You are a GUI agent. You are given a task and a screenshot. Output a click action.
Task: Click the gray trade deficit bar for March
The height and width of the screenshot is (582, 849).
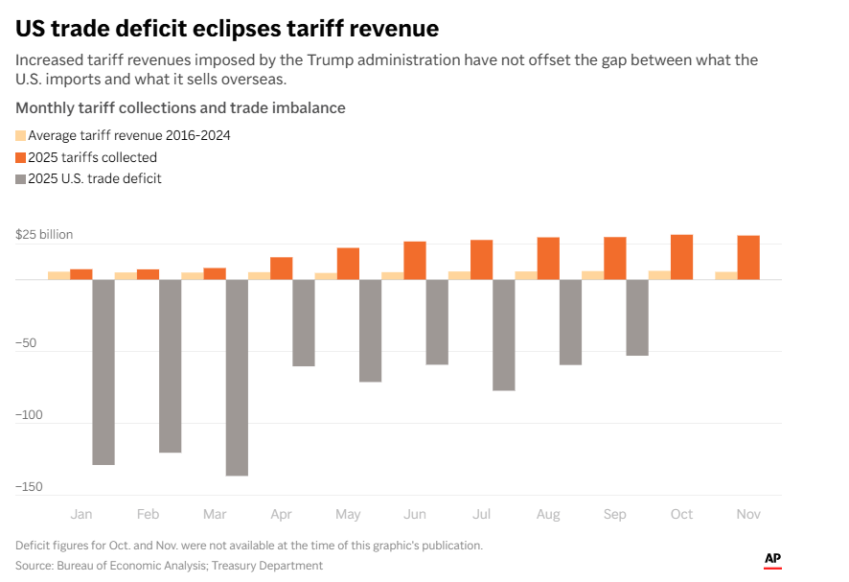point(237,377)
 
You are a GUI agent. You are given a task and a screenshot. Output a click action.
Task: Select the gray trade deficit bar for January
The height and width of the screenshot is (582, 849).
point(103,372)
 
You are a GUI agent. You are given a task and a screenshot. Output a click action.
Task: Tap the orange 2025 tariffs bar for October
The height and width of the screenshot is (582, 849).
point(681,257)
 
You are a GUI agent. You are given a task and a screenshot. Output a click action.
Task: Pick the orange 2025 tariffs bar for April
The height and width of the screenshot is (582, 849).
point(282,268)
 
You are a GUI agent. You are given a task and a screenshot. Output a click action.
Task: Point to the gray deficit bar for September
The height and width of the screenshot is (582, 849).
point(637,317)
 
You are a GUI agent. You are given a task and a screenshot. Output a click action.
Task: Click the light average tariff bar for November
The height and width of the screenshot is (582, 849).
point(726,275)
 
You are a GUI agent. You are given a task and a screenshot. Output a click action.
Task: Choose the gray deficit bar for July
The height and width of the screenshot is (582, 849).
point(504,335)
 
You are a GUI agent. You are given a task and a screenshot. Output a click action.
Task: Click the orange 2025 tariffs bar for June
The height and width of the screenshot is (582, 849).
point(415,260)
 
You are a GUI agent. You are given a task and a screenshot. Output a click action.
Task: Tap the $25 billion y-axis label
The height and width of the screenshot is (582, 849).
point(44,235)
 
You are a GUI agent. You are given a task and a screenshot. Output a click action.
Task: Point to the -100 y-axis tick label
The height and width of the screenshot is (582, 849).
point(30,415)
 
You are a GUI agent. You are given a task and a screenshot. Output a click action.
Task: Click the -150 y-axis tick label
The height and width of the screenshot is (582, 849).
point(30,487)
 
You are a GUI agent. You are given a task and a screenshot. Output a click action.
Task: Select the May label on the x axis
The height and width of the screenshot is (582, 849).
point(348,515)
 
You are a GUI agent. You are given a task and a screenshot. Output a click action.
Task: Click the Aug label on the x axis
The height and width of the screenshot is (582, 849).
point(548,515)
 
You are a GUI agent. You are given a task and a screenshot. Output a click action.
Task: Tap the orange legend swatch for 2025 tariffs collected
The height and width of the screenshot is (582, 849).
point(21,157)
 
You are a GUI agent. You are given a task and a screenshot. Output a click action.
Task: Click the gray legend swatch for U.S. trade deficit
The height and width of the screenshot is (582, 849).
point(21,179)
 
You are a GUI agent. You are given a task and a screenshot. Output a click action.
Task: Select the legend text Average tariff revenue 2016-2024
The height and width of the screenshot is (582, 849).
point(128,135)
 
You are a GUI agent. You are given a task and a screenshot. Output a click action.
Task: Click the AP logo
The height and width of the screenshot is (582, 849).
point(772,559)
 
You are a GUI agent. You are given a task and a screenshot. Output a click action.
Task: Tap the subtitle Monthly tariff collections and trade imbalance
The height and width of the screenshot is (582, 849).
point(180,107)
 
